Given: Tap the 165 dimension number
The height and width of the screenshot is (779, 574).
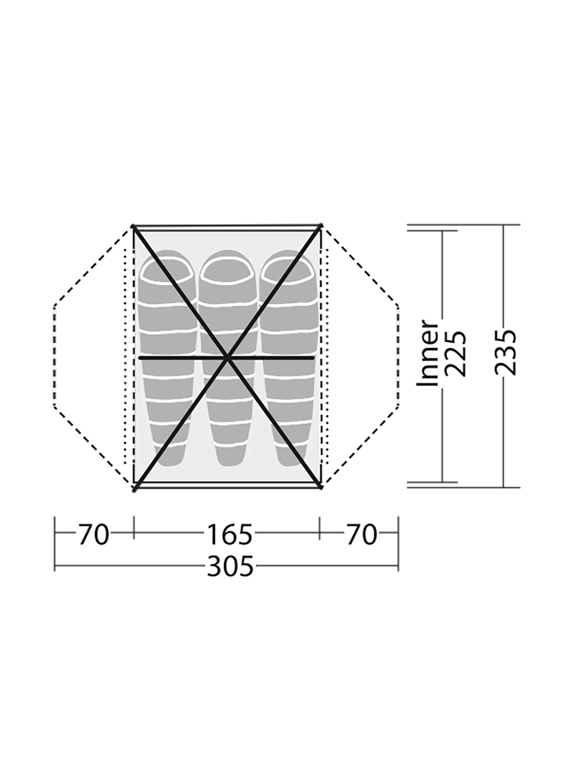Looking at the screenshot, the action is pyautogui.click(x=230, y=534).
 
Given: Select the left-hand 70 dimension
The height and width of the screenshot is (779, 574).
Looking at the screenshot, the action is pyautogui.click(x=94, y=534).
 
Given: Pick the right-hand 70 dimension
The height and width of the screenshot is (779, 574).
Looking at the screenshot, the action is pyautogui.click(x=362, y=534).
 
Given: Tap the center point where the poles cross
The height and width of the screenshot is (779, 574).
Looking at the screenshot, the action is pyautogui.click(x=227, y=358).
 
